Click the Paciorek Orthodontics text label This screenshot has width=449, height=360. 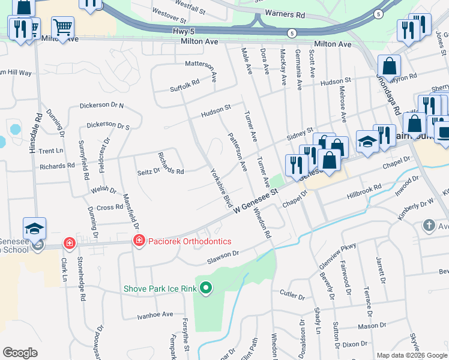click(x=190, y=241)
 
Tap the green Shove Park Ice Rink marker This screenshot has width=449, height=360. click(x=206, y=289)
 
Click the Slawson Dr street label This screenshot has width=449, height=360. click(x=223, y=254)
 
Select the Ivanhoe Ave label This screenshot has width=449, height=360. click(x=155, y=314)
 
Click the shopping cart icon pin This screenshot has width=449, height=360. click(x=62, y=26)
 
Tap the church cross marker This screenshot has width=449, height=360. click(x=429, y=226)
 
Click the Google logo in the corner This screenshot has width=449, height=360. click(x=20, y=353)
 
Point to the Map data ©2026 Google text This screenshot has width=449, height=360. click(x=412, y=355)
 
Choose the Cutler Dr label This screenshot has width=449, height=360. click(x=293, y=293)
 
